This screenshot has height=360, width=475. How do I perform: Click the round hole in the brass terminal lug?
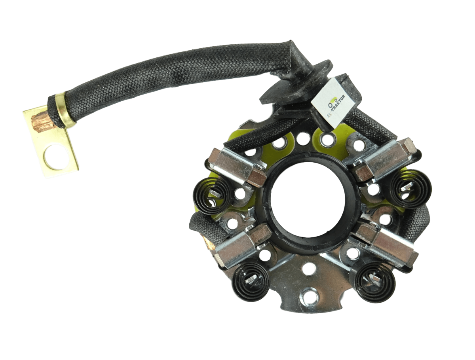(55, 157)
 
